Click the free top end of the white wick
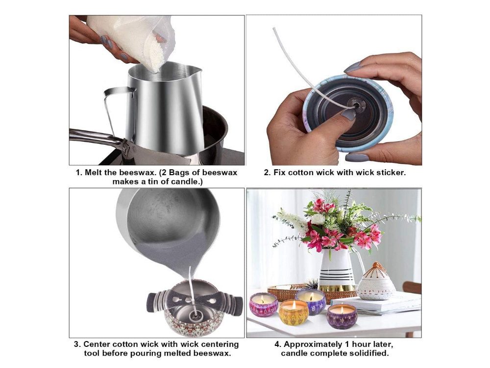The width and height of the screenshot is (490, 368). tap(274, 29)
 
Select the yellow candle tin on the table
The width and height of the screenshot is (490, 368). tap(294, 312)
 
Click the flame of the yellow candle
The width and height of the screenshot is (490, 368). tap(294, 304)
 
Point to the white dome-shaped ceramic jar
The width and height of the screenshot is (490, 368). tap(376, 283)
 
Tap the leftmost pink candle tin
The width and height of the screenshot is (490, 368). tap(264, 305)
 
